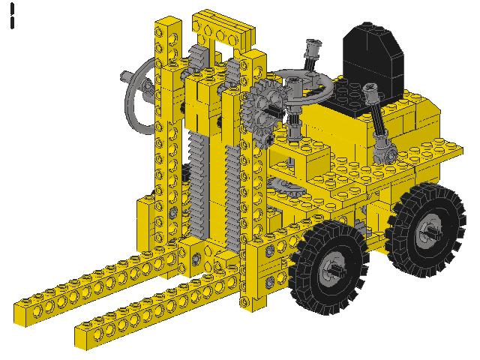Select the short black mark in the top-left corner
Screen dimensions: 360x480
(13, 16)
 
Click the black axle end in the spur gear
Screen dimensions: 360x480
(264, 108)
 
